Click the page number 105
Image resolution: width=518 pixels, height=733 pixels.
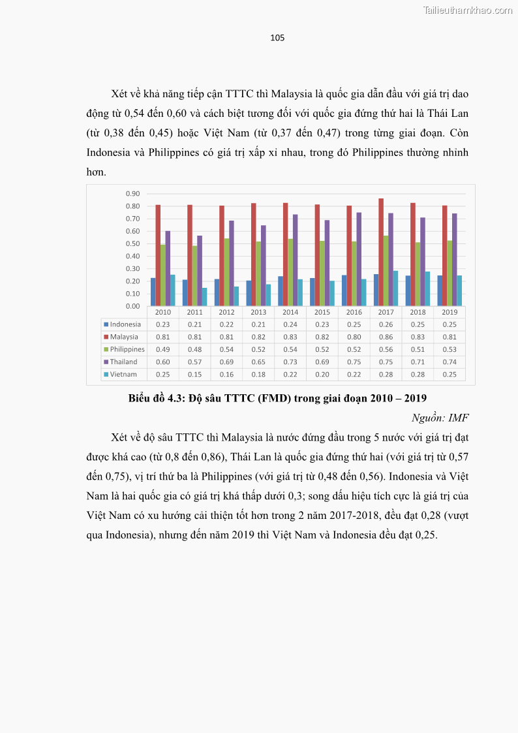[x=277, y=38]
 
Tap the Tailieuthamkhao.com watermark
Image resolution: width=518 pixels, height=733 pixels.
[x=468, y=10]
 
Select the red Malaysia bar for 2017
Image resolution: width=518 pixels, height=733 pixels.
[x=381, y=252]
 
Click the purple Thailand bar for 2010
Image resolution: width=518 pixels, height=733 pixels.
[x=168, y=268]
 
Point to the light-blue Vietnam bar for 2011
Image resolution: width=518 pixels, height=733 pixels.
[x=205, y=297]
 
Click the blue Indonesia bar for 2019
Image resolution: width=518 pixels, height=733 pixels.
[x=440, y=290]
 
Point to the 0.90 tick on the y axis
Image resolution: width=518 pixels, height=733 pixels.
[x=132, y=194]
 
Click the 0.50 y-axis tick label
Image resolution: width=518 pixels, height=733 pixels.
[x=132, y=243]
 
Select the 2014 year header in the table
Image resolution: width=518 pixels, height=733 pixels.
[x=290, y=312]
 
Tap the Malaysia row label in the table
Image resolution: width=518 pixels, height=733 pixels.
[x=124, y=337]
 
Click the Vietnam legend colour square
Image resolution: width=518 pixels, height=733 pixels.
[x=106, y=375]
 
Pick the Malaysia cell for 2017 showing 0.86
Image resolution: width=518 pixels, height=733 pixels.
[x=386, y=337]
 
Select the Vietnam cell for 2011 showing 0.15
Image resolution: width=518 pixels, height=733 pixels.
[x=194, y=375]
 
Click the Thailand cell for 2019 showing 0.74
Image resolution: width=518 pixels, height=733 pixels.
[x=449, y=362]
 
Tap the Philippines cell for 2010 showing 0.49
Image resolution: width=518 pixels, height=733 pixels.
[x=162, y=349]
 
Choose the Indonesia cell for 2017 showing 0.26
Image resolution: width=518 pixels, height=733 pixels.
[x=386, y=324]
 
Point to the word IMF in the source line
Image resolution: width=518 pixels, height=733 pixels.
[x=458, y=418]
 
